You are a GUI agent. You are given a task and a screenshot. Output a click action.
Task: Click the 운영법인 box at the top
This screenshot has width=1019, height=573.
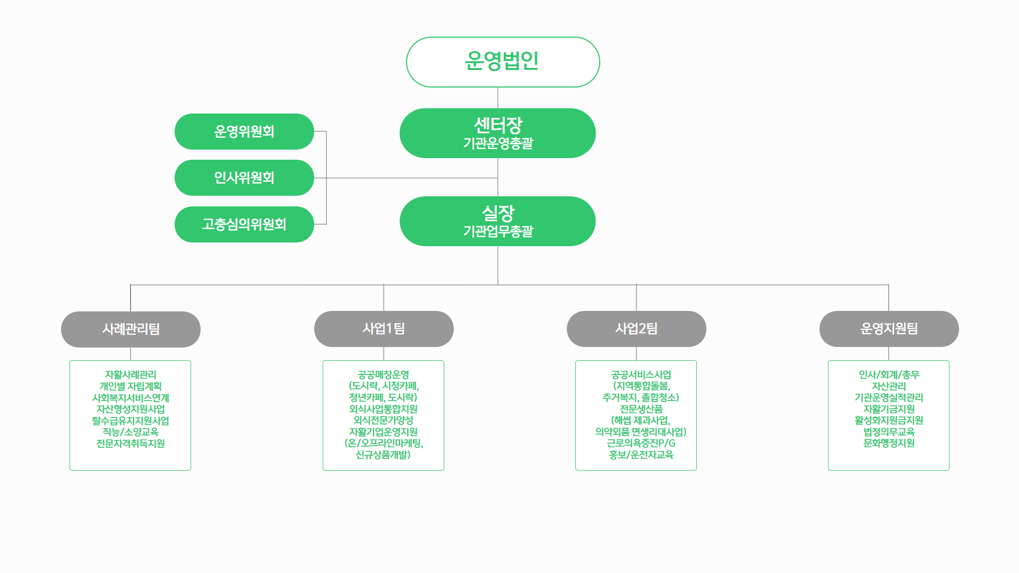(x=503, y=62)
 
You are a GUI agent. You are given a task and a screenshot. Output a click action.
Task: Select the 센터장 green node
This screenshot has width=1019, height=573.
(x=497, y=126)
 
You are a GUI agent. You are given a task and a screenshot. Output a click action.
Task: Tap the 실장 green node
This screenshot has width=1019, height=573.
(x=497, y=214)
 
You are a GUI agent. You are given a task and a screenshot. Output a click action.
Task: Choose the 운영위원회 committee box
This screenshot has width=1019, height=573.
(x=244, y=132)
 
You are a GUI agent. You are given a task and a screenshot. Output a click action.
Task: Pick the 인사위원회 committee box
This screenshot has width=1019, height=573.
(x=244, y=178)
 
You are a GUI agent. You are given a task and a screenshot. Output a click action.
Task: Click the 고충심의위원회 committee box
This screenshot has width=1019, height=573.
(x=244, y=224)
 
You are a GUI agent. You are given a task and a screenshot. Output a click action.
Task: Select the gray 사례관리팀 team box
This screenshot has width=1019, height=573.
(x=131, y=329)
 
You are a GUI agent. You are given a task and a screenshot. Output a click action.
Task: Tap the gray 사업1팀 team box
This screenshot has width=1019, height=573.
(x=384, y=329)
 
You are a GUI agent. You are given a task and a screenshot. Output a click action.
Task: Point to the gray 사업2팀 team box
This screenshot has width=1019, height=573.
(x=636, y=329)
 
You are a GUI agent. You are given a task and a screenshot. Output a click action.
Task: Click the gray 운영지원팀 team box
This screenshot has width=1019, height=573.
(x=889, y=329)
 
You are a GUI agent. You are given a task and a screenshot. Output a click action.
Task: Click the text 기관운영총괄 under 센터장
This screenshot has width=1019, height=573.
(x=498, y=144)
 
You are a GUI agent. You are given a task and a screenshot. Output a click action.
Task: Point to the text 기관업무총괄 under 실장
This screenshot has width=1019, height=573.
(x=498, y=232)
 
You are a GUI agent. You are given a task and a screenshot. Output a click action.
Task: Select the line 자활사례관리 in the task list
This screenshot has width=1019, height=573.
(x=131, y=375)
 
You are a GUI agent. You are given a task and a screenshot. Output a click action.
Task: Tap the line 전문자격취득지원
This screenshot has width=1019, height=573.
(x=131, y=444)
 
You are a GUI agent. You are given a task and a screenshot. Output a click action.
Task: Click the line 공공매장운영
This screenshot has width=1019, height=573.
(x=383, y=375)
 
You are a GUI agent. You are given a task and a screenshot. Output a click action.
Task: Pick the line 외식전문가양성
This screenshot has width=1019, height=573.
(x=383, y=420)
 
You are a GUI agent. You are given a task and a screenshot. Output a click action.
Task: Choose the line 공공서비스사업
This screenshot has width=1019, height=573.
(x=641, y=375)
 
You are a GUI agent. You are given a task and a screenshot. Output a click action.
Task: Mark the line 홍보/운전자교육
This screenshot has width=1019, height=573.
(x=641, y=455)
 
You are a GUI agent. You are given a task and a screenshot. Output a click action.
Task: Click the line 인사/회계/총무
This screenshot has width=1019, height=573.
(x=889, y=375)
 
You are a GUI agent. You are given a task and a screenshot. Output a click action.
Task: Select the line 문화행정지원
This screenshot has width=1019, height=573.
(x=889, y=443)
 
